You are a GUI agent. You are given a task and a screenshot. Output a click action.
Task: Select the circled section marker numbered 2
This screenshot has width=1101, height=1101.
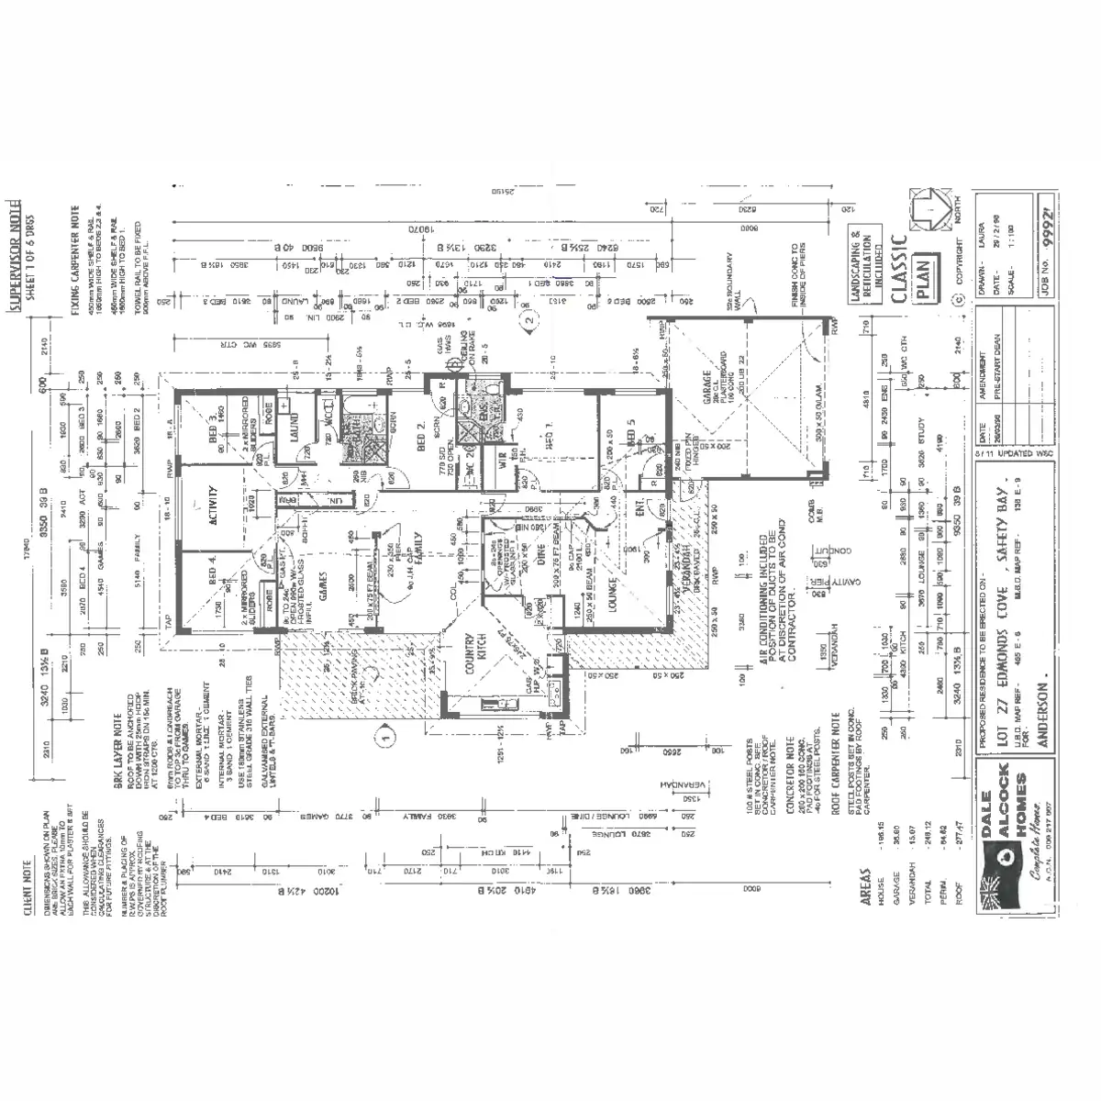(x=528, y=321)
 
